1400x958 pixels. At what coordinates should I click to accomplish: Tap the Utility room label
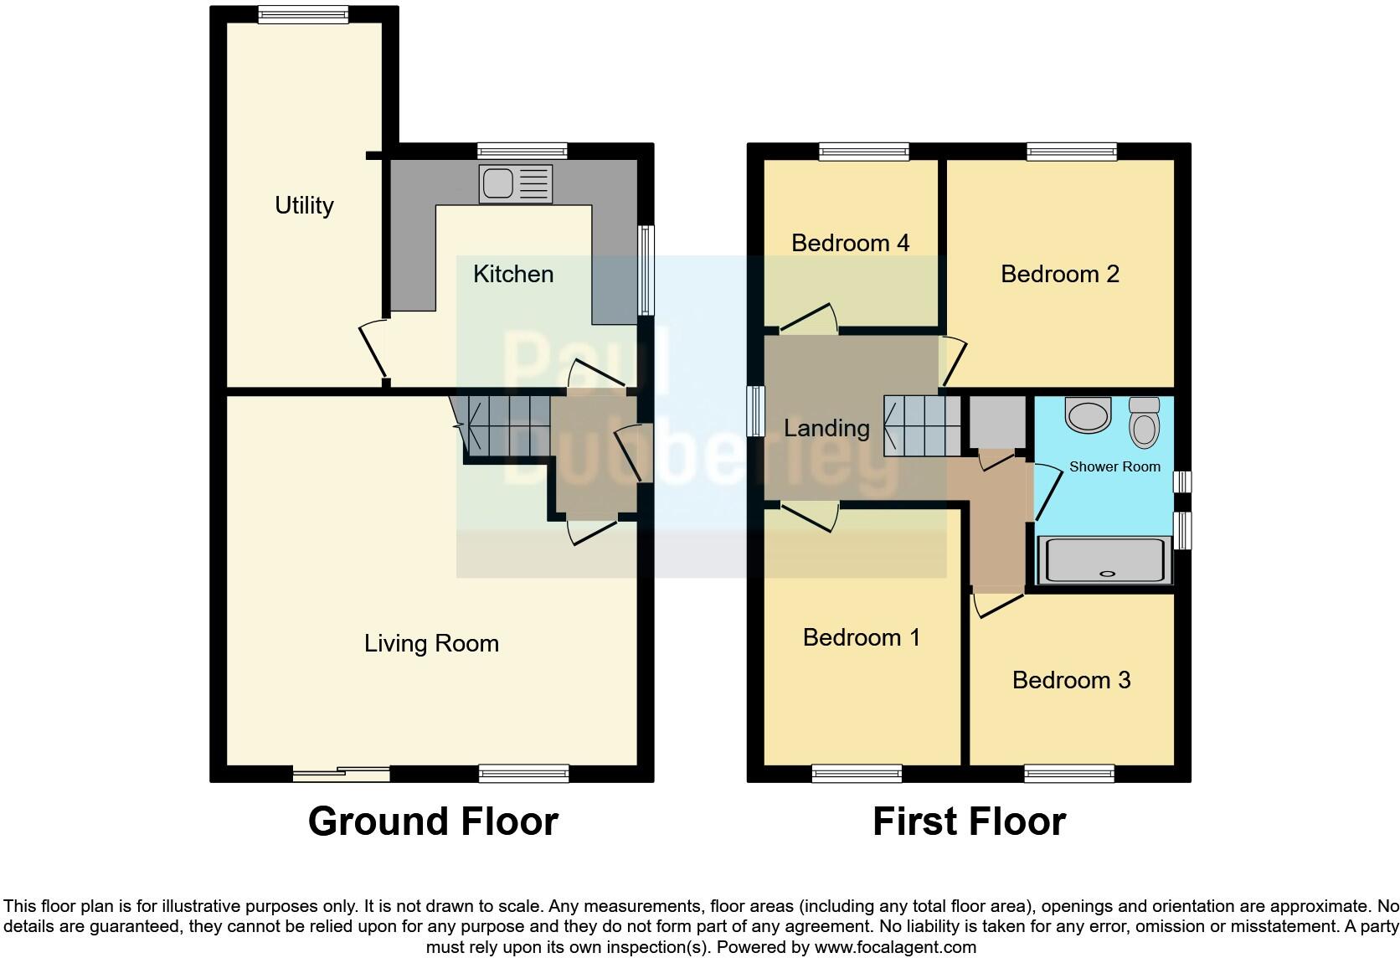304,205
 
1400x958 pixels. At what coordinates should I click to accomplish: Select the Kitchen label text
512,274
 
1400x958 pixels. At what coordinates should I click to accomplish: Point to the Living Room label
431,643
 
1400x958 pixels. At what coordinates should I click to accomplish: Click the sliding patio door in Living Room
342,773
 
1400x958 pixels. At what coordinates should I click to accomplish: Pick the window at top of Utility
302,13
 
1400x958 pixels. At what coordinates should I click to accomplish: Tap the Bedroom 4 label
850,243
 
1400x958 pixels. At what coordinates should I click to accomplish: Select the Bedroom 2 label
1059,274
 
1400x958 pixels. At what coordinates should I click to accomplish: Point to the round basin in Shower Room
1088,415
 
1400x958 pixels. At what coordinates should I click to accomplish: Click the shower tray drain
1107,574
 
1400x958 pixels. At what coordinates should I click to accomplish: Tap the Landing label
826,429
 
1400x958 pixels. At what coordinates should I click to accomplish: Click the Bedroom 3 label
1071,680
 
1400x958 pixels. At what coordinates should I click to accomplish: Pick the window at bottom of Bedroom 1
857,773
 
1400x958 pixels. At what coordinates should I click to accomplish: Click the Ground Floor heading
433,822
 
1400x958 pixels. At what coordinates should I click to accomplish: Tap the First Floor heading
969,822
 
